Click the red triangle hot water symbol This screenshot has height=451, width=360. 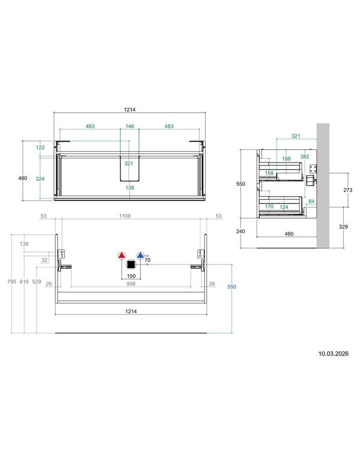coord(122,255)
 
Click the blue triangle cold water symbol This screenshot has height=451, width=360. coord(140,255)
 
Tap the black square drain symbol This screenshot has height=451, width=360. coord(131,264)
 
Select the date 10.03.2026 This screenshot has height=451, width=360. coord(333,353)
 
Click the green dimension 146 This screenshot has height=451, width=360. coord(130,126)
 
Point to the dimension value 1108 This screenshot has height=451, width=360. coord(125,216)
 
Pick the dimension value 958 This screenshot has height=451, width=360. coord(131,284)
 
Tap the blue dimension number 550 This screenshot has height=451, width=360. coord(232,287)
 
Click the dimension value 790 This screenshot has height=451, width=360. coord(11,282)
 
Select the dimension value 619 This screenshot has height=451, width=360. coord(24,282)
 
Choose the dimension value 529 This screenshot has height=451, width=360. coord(37,282)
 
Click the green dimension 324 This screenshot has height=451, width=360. coord(40,179)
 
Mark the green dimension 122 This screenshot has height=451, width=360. coord(40,148)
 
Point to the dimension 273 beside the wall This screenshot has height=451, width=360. coord(348,190)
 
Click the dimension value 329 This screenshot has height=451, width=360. coord(343,227)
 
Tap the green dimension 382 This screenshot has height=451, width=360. coord(305,157)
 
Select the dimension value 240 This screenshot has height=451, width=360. coord(241,231)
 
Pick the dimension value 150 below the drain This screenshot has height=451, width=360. coord(131,276)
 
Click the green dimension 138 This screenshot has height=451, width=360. coord(130,188)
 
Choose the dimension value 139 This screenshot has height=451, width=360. coord(24,243)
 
